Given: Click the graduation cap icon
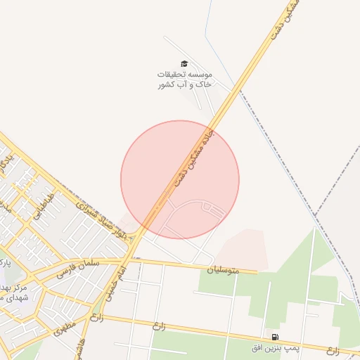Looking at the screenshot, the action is pyautogui.click(x=184, y=64).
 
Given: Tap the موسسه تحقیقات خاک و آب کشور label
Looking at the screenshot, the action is pyautogui.click(x=185, y=79).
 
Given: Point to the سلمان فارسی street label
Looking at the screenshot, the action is pyautogui.click(x=91, y=262).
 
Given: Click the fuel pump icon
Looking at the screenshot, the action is pyautogui.click(x=274, y=337).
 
